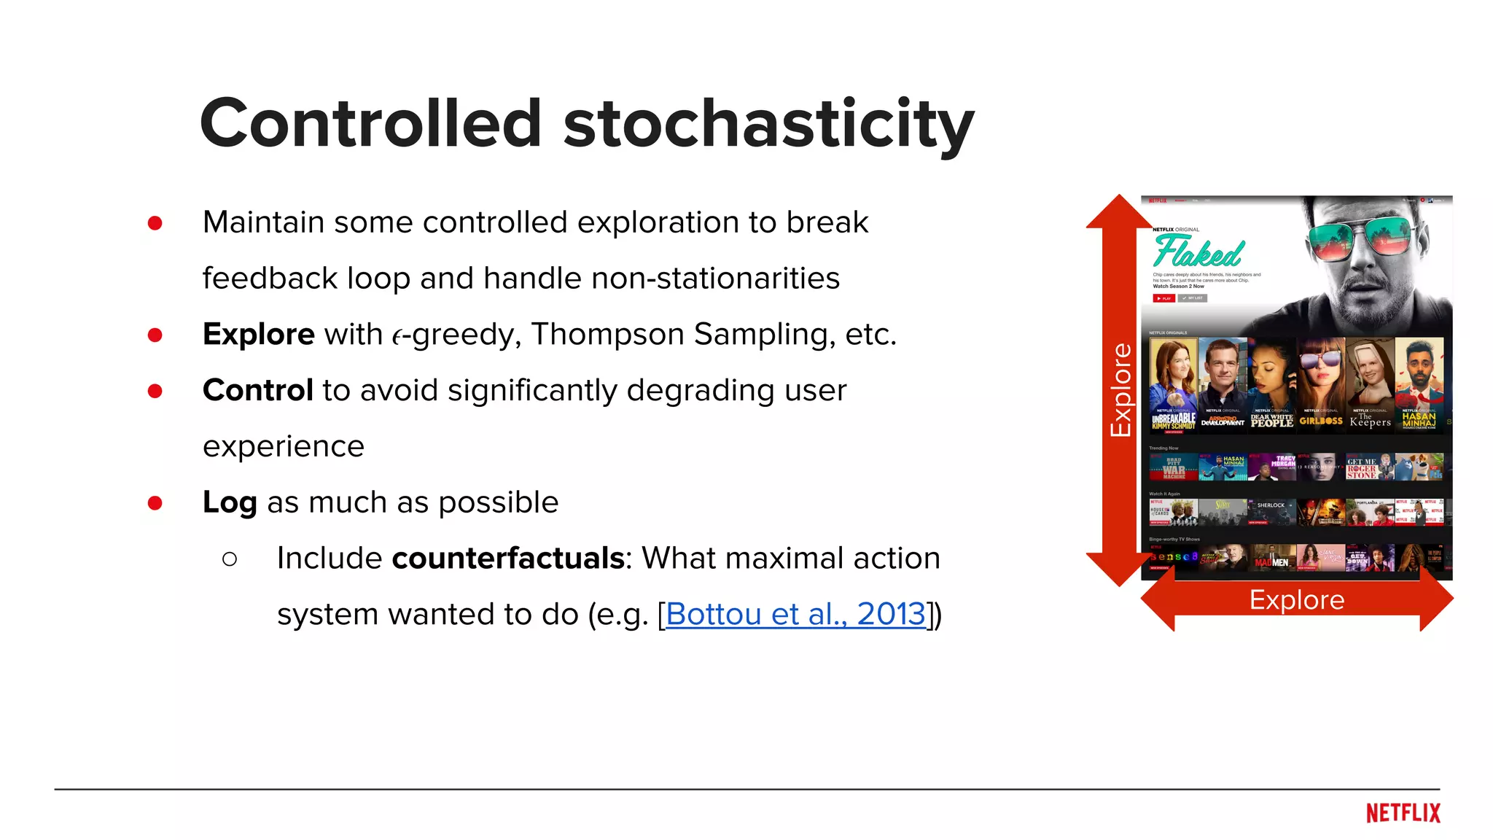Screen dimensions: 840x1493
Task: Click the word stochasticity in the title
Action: [768, 124]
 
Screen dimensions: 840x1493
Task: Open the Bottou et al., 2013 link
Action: [795, 614]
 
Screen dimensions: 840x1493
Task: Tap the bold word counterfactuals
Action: [508, 559]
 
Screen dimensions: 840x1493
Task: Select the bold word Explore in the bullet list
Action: [258, 335]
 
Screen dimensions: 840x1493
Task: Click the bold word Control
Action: [257, 390]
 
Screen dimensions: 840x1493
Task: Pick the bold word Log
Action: [230, 502]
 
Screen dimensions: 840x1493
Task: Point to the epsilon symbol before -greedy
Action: [397, 336]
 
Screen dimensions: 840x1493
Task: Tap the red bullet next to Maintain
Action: [155, 223]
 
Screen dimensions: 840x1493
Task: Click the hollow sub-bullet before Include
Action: [230, 559]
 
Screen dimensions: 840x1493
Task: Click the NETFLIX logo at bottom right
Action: [1403, 813]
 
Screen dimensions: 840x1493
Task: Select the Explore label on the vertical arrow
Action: [1120, 390]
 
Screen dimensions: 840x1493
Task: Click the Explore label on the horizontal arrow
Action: [1296, 600]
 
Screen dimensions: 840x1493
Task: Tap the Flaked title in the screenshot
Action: [1198, 252]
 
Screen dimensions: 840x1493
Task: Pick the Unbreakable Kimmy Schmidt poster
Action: [1173, 384]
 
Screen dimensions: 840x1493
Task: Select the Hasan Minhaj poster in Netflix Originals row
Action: [1419, 384]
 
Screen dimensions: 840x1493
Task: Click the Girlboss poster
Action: [1320, 384]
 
